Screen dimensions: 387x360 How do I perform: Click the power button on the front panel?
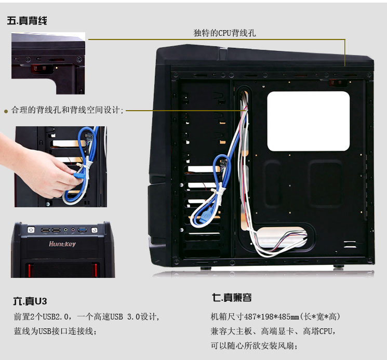(x=31, y=230)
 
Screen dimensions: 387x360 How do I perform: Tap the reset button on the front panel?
(x=95, y=230)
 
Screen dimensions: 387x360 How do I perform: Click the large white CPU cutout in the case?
(x=309, y=121)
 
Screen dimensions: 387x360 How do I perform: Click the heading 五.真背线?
(x=28, y=21)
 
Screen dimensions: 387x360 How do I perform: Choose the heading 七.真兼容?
(x=232, y=298)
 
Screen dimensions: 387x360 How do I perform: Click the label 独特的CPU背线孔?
(x=224, y=33)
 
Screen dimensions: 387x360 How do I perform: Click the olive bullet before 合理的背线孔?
(x=6, y=111)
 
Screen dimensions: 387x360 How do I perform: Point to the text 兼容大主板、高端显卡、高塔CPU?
(x=273, y=331)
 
